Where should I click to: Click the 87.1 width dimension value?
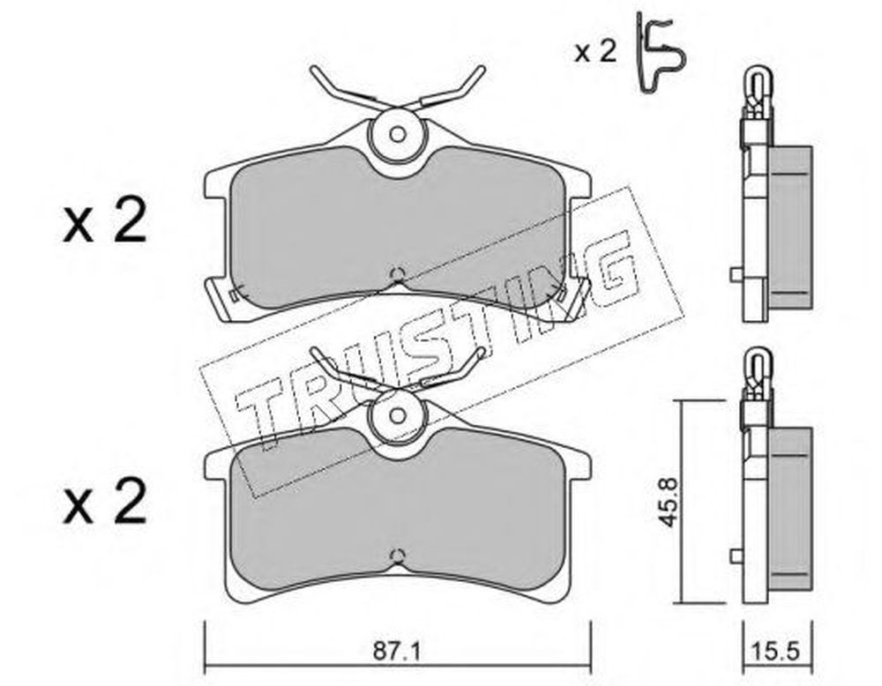pos(397,652)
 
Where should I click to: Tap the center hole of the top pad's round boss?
pos(398,134)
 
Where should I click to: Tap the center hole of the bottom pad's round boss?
pos(398,416)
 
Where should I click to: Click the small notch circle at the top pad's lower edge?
pos(398,274)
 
